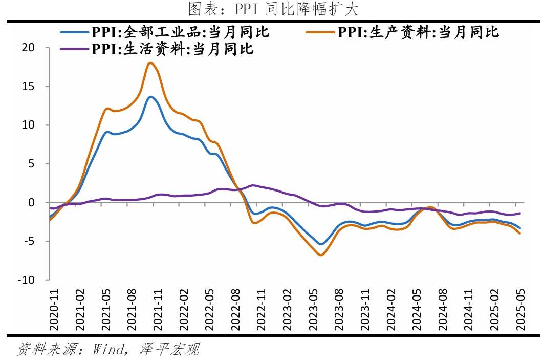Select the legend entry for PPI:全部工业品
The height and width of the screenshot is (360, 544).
(165, 32)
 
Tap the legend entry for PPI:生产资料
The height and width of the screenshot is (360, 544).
(402, 32)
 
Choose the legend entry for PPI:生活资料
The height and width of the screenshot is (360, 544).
(157, 49)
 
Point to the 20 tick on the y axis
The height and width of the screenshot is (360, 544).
(28, 48)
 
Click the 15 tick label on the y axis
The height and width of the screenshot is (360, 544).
(28, 86)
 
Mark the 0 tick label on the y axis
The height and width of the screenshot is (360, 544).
(32, 202)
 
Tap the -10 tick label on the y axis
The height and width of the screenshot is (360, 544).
(27, 280)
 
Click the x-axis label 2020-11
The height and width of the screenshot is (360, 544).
(54, 310)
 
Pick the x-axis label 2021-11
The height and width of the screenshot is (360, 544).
(158, 310)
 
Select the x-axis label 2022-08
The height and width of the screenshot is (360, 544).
(235, 310)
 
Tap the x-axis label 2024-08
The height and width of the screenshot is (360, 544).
(443, 310)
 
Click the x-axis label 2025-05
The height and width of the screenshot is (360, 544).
(520, 310)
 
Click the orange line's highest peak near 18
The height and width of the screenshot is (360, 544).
(150, 63)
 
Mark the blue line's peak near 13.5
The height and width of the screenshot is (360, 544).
(150, 97)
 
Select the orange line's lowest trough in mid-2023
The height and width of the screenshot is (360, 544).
(321, 255)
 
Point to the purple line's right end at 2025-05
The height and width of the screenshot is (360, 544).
(520, 213)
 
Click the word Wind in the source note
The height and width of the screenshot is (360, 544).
(108, 349)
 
